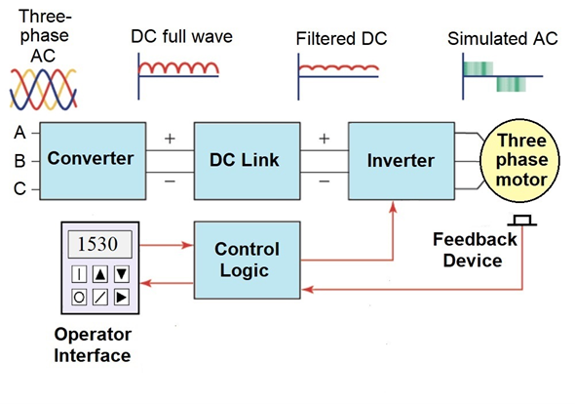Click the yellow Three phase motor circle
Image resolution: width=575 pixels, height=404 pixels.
(523, 158)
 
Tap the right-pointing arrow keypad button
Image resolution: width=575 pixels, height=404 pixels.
(123, 296)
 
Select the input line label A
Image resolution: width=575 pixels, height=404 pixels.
(19, 131)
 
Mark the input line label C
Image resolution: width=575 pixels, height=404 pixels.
(19, 189)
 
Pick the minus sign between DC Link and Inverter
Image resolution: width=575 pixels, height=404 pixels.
(324, 180)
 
